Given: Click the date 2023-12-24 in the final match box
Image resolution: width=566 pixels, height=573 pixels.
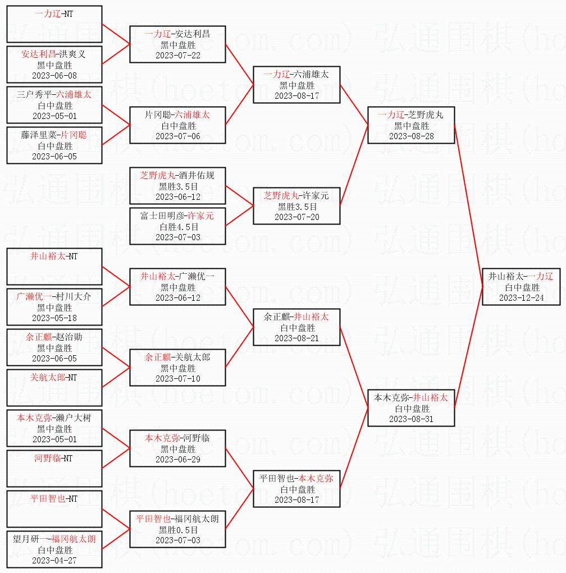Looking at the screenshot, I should tap(521, 298).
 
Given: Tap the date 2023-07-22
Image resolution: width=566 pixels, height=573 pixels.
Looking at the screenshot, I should tap(177, 56).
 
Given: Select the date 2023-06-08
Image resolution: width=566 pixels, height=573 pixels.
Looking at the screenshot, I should tap(54, 76).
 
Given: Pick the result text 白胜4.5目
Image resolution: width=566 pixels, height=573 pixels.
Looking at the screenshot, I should tap(177, 227).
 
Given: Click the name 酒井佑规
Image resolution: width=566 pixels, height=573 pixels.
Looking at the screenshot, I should tap(197, 176).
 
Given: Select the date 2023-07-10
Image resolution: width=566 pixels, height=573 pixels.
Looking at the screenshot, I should tap(177, 379).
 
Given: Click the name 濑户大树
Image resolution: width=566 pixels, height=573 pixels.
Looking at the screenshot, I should tap(74, 418).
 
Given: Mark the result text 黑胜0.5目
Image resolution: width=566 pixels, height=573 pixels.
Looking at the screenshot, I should tap(177, 530).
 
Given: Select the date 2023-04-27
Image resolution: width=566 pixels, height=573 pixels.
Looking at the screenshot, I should tap(54, 561).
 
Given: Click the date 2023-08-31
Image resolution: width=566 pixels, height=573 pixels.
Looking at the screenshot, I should tap(411, 419).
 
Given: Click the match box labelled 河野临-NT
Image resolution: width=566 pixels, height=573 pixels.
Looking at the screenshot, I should tap(54, 467).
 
